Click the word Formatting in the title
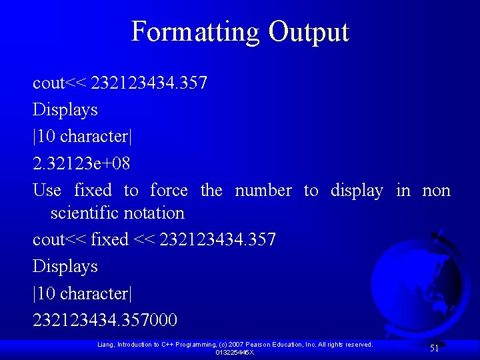tap(196, 32)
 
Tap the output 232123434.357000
tap(105, 321)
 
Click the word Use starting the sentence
tap(47, 191)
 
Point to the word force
tap(169, 191)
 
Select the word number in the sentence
tap(263, 191)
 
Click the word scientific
tap(85, 213)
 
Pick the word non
tap(436, 191)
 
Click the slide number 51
tap(434, 348)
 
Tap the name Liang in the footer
tap(106, 345)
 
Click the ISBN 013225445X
tap(235, 352)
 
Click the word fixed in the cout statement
tap(110, 239)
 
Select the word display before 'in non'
tap(357, 191)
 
